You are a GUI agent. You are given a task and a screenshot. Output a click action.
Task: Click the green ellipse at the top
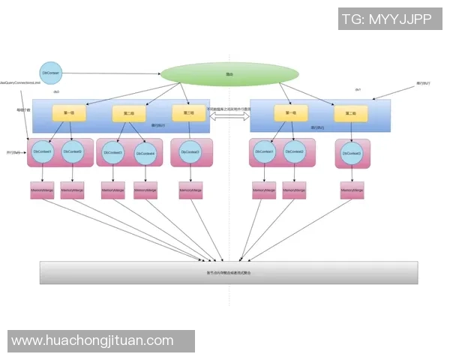(229, 74)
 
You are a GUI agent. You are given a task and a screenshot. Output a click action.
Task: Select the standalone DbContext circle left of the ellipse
(50, 73)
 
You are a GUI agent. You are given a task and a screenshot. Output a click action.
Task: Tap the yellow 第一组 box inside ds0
(69, 113)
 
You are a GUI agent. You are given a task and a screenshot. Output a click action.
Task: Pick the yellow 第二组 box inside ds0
(128, 114)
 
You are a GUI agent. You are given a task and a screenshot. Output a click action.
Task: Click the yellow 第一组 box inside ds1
(291, 113)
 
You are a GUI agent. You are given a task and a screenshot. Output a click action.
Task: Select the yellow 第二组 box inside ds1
(350, 114)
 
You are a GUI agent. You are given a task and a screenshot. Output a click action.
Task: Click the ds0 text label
(55, 92)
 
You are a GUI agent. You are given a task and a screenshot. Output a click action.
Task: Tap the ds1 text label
(358, 90)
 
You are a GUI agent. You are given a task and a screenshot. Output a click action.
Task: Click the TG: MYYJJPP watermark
(386, 20)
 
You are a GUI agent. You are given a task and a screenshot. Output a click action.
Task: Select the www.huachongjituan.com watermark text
(93, 340)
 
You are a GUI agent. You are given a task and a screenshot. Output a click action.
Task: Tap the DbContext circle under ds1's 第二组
(351, 153)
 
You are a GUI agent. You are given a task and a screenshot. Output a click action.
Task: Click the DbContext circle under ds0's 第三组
(190, 152)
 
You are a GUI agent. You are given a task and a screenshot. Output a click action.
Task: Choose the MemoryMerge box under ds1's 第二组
(351, 192)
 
